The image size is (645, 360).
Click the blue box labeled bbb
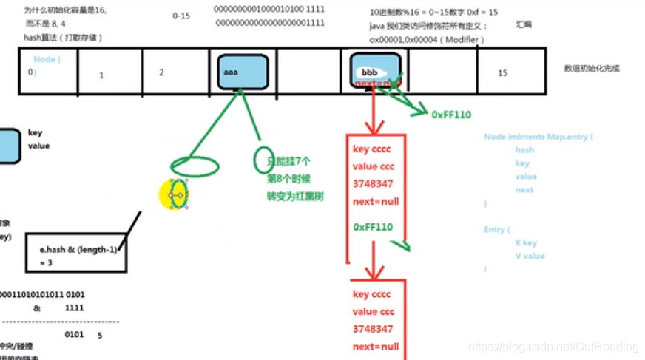point(376,72)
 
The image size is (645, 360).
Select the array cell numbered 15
point(503,73)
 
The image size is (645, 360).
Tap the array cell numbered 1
point(101,75)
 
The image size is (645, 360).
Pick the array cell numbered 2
point(161,73)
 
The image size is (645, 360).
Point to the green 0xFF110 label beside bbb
point(451,115)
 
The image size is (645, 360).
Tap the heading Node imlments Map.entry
point(538,137)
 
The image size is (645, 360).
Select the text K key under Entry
point(526,242)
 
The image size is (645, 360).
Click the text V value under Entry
point(530,256)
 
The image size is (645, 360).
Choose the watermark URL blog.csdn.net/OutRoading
point(554,346)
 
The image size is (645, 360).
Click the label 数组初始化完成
point(591,68)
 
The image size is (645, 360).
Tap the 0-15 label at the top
point(181,15)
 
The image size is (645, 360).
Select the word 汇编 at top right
point(523,24)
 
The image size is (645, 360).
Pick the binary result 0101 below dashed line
point(74,334)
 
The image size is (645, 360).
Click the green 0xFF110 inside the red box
point(374,227)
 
